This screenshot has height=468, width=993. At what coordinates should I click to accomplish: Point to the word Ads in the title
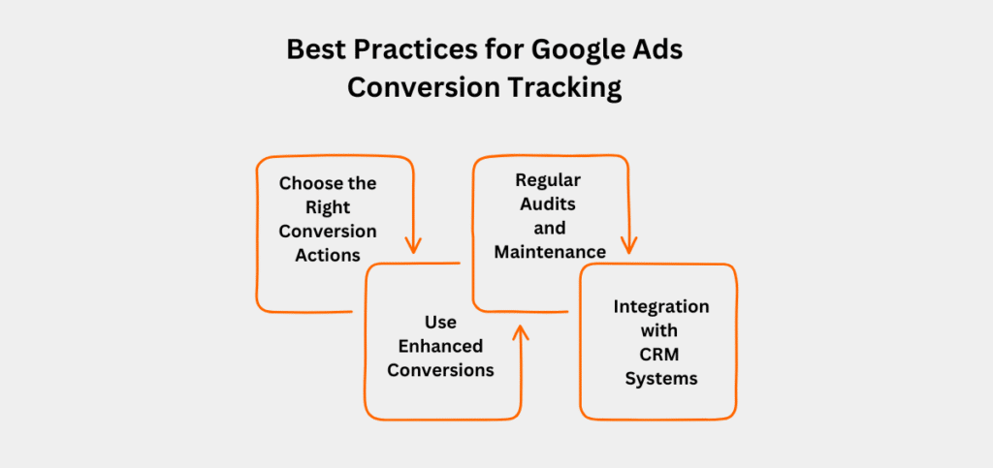tap(659, 50)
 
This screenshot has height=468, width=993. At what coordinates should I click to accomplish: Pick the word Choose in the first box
tap(307, 183)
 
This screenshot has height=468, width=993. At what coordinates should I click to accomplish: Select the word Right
tap(328, 208)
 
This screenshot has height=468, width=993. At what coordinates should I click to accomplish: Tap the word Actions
tap(328, 255)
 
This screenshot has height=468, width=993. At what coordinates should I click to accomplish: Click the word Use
tap(441, 322)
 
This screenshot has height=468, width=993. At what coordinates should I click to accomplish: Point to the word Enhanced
tap(441, 346)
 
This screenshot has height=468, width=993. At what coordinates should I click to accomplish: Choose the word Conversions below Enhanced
tap(441, 370)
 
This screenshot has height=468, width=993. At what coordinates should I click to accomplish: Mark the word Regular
tap(548, 181)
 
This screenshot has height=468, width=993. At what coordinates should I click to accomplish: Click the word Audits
tap(549, 204)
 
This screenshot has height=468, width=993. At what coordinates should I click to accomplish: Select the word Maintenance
tap(550, 252)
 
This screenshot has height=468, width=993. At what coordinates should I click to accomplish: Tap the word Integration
tap(661, 308)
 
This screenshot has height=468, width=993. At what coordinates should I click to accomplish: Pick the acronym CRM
tap(659, 355)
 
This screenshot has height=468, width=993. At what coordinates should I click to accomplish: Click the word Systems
tap(661, 380)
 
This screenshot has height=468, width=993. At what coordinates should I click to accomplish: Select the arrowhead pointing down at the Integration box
tap(628, 245)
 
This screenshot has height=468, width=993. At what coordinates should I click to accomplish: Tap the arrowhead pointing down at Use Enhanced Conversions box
tap(413, 245)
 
